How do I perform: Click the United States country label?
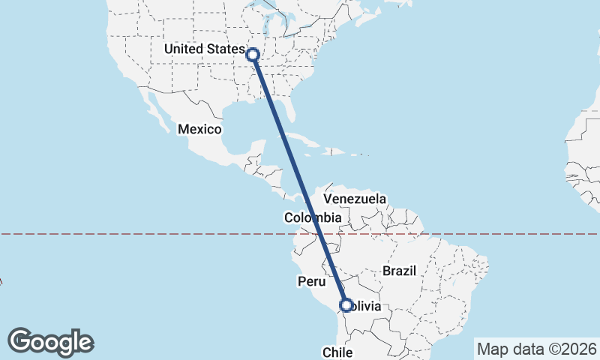point(204,49)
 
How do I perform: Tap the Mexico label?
point(199,130)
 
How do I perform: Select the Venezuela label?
point(355,199)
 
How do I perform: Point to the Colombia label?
point(313,218)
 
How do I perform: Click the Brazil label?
point(399,271)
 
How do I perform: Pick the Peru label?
point(312,282)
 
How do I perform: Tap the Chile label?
point(337,352)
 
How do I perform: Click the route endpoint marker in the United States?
point(253,54)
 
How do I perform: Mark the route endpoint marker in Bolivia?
point(346,305)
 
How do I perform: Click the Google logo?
point(51,342)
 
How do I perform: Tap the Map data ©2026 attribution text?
point(536,349)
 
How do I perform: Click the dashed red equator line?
point(150,234)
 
